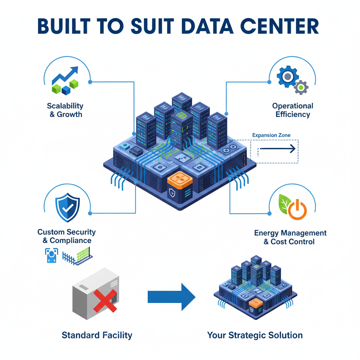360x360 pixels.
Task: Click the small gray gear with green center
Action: coord(301,87)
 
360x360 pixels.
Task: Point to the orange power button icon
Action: coord(297,210)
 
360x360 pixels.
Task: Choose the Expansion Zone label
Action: coord(271,135)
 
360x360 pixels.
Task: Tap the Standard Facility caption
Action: coord(97,335)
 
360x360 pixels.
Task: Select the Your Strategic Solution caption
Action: coord(255,335)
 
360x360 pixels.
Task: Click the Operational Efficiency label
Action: coord(292,110)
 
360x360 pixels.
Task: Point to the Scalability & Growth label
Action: coord(65,110)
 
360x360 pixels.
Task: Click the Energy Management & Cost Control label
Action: coord(290,237)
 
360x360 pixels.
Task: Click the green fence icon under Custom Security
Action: coord(78,256)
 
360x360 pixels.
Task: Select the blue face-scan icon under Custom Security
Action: coord(51,255)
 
